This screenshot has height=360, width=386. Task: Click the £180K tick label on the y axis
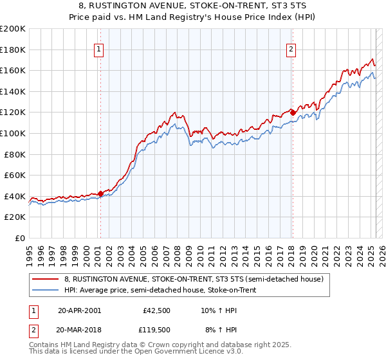point(13,49)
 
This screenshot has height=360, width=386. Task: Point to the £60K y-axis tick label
point(15,175)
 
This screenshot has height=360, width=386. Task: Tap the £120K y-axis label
point(13,112)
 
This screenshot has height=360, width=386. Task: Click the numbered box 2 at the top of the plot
point(291,49)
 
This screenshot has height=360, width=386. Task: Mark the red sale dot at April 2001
point(100,194)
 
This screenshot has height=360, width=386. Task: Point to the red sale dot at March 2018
point(293,113)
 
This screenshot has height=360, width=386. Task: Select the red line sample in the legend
point(45,279)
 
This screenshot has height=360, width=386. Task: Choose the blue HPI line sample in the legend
point(45,290)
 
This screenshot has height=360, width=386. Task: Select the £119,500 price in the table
point(156,329)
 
